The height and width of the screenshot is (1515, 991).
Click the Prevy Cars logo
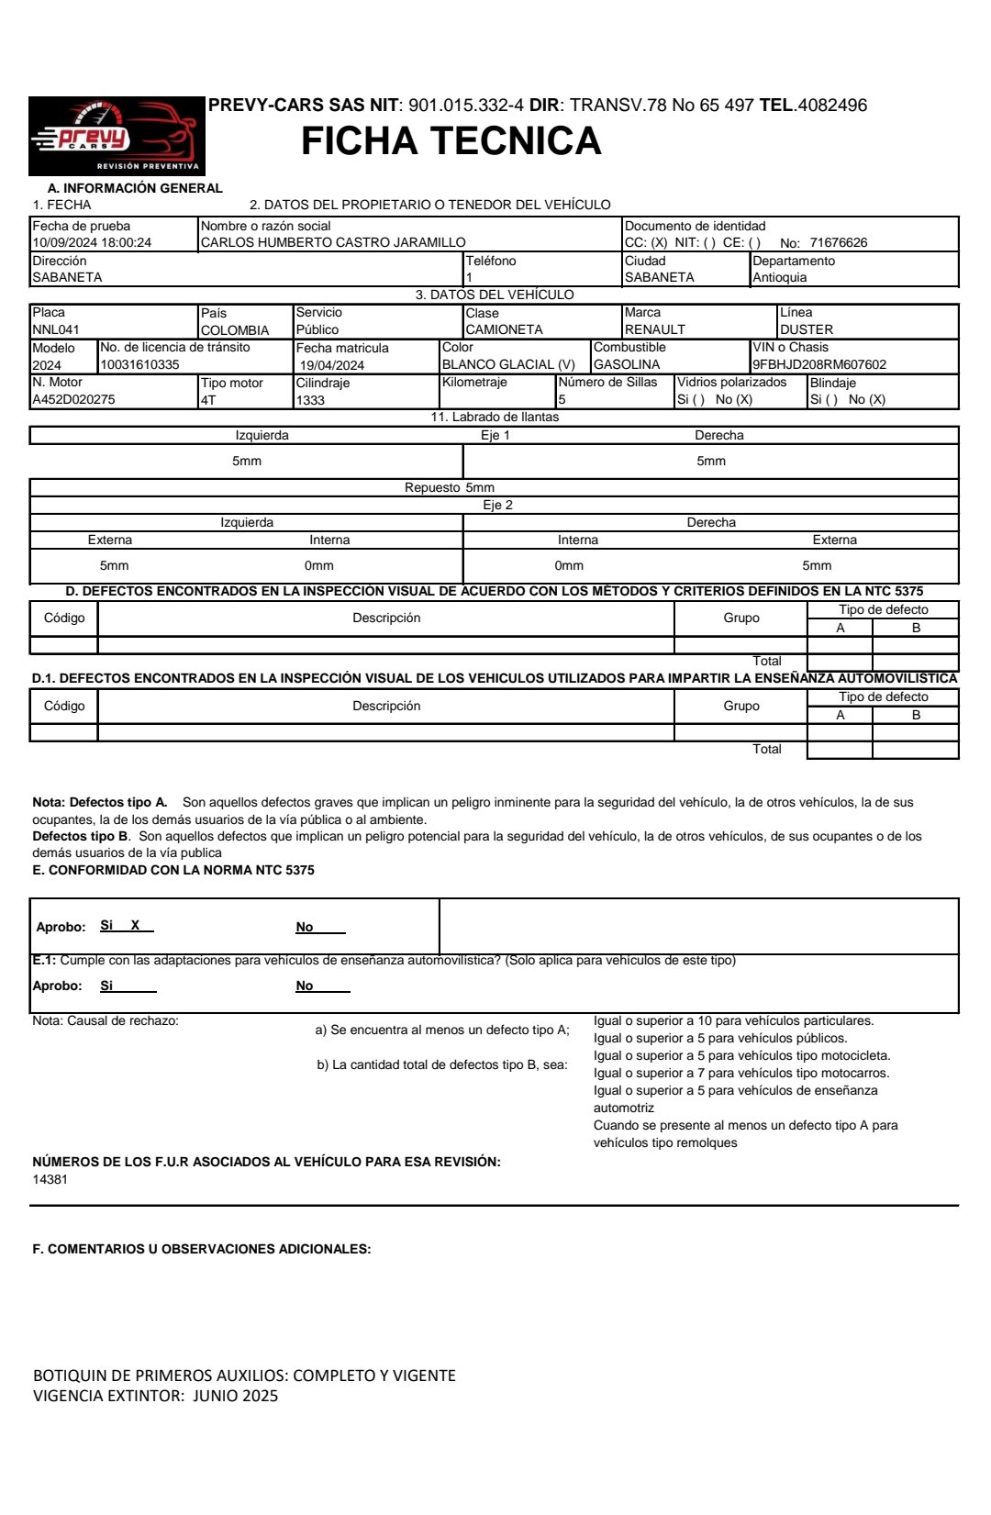[x=117, y=136]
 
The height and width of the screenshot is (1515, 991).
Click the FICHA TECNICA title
[x=451, y=141]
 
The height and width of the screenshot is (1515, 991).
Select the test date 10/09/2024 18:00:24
[x=92, y=243]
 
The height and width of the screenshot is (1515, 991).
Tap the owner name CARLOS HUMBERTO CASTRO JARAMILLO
[x=333, y=243]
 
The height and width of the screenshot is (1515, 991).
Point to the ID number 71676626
[x=838, y=243]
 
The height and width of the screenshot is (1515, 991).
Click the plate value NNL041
[x=56, y=329]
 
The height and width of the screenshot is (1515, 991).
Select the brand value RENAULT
[x=654, y=329]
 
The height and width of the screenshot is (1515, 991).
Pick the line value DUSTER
[x=807, y=329]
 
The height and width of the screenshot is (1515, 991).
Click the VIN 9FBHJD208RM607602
[x=819, y=364]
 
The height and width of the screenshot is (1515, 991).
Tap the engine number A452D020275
[x=74, y=400]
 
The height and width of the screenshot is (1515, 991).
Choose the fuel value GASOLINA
[x=627, y=364]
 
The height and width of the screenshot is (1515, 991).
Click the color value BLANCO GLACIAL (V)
[x=508, y=364]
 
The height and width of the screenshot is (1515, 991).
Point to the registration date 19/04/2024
[x=332, y=365]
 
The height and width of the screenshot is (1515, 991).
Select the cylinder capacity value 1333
[x=311, y=400]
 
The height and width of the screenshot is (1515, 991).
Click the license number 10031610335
[x=140, y=364]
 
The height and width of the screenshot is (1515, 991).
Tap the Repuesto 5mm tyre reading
[x=450, y=488]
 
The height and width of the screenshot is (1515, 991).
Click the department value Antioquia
[x=780, y=278]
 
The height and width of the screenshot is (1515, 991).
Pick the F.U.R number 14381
[x=50, y=1180]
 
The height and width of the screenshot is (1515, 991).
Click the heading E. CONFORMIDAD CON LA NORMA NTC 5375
[x=173, y=870]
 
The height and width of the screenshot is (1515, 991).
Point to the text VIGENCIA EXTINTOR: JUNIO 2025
[x=155, y=1396]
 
